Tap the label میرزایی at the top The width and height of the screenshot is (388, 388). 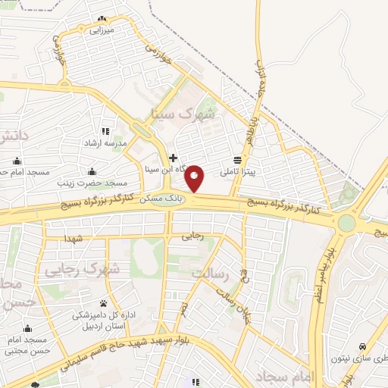(x=101, y=30)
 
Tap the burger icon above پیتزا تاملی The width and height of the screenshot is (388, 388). (x=238, y=160)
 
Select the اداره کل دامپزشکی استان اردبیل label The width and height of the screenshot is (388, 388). (x=104, y=320)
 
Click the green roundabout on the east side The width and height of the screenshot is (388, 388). (x=346, y=223)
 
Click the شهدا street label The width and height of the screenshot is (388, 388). (x=73, y=239)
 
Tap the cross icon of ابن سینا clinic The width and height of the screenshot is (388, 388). (x=174, y=158)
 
